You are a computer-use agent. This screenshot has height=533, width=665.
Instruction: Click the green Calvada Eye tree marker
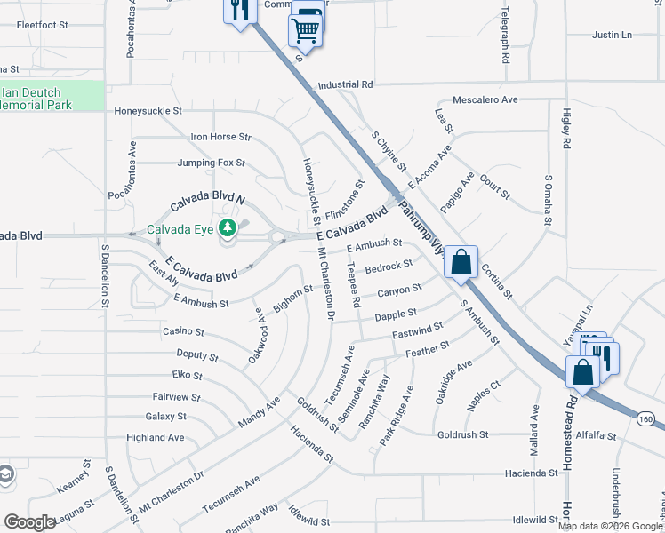point(228,228)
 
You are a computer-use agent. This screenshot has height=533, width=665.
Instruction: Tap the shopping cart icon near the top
point(305,32)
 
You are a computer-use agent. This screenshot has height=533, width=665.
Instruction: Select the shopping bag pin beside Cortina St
point(461,263)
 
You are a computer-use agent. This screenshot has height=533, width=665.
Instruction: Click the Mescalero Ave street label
point(485,100)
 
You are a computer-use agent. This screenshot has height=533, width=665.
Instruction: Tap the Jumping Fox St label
point(211,163)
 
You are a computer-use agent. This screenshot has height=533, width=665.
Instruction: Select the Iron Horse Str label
point(221,138)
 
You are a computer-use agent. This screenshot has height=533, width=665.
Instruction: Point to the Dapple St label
point(397,314)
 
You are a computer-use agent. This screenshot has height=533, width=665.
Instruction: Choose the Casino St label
point(183,331)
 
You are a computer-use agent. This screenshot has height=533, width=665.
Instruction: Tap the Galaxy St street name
point(165,416)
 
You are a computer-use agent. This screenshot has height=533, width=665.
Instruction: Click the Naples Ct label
point(484,396)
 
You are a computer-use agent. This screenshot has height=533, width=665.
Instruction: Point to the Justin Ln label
point(612,36)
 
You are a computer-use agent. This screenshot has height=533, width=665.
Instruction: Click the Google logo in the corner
point(29,522)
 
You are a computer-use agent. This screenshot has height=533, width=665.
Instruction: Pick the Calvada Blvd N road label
point(207,203)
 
